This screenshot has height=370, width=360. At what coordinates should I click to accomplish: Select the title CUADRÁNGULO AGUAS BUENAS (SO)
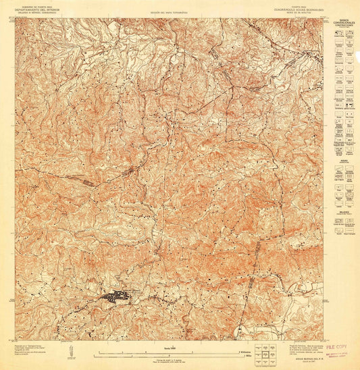click(x=291, y=9)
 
